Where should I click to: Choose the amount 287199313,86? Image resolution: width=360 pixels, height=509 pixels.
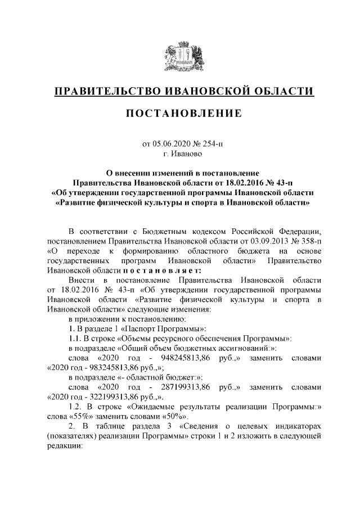point(185,388)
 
